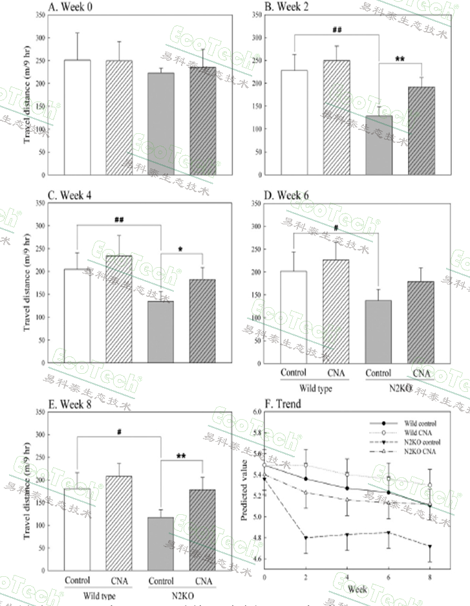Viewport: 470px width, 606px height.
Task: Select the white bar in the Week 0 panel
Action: [x=77, y=117]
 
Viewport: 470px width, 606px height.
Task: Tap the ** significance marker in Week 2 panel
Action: [x=400, y=58]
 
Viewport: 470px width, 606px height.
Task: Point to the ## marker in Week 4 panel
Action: [x=118, y=220]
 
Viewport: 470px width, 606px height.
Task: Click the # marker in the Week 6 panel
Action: [x=336, y=228]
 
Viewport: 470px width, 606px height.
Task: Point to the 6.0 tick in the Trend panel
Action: [x=256, y=412]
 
